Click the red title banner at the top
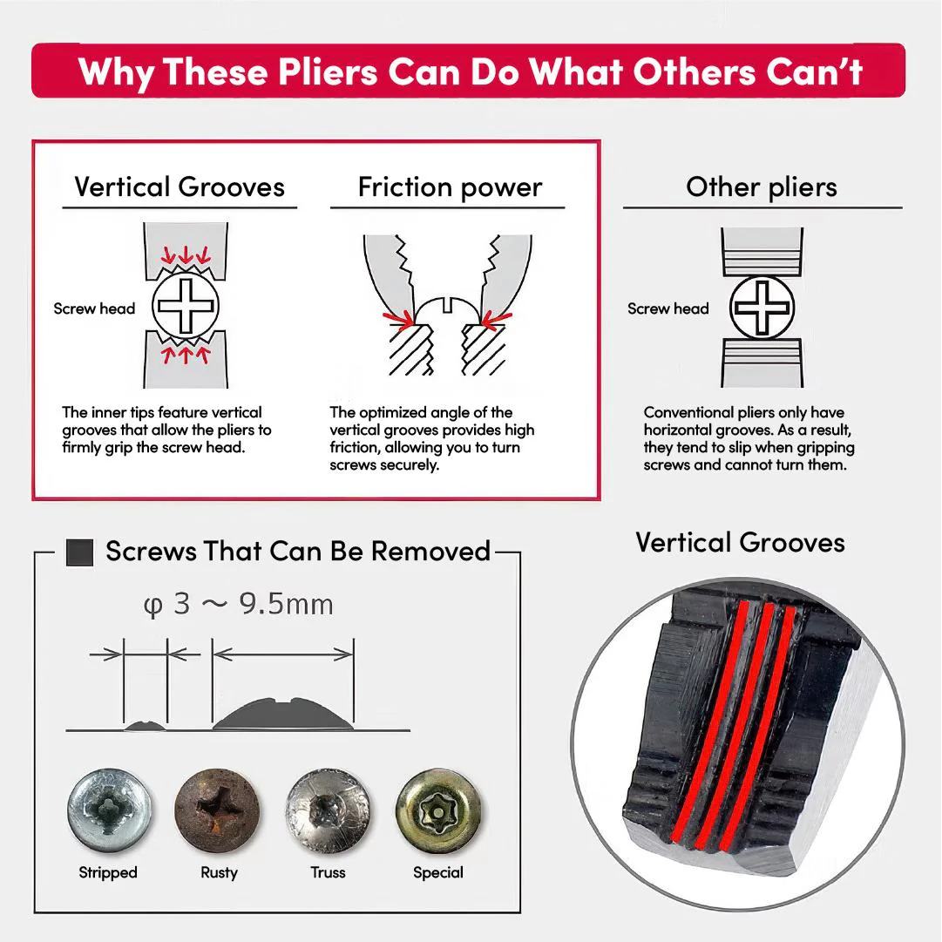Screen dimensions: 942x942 tap(468, 71)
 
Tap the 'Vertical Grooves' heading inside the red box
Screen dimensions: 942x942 tap(180, 186)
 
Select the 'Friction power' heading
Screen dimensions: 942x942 tap(450, 186)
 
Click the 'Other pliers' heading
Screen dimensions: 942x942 tap(762, 186)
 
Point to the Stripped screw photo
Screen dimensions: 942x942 tap(109, 810)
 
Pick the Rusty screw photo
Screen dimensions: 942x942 tap(218, 810)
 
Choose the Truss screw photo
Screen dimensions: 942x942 tap(328, 810)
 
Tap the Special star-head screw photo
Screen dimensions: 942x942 tap(438, 810)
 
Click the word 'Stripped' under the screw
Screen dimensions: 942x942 tap(108, 873)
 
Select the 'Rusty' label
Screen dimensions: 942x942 tap(220, 873)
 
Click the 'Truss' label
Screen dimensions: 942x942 tap(328, 872)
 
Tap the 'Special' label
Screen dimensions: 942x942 tap(438, 873)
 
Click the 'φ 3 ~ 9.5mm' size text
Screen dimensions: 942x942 tap(238, 605)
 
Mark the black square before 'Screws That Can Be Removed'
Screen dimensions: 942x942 tap(80, 552)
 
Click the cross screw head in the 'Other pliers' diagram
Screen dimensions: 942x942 tap(762, 308)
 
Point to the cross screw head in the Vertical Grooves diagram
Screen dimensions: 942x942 tap(186, 306)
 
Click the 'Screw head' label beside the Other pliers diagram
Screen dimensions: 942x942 tap(668, 308)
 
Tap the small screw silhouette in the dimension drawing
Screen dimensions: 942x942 tap(145, 726)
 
